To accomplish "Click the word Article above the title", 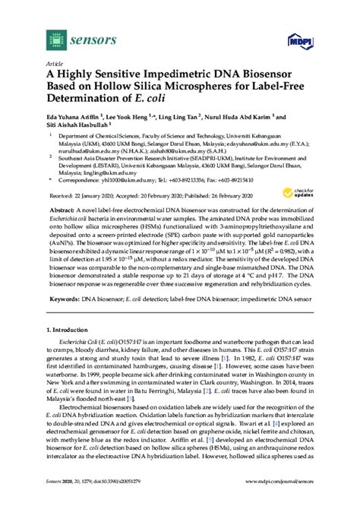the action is click(x=55, y=65).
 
